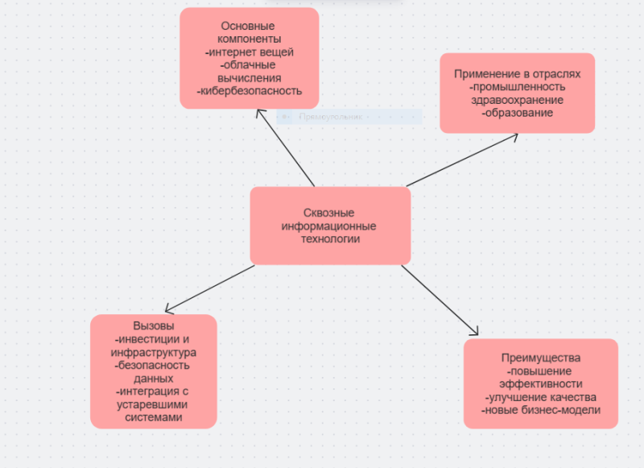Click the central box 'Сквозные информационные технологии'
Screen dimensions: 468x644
click(330, 226)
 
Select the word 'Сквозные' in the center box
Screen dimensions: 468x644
click(328, 213)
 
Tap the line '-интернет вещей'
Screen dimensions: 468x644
click(250, 52)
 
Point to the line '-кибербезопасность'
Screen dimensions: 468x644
click(250, 91)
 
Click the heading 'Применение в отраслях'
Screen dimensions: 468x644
click(517, 74)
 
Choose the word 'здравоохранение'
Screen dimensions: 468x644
click(517, 100)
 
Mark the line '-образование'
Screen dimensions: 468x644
click(517, 113)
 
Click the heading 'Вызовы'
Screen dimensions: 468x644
click(153, 327)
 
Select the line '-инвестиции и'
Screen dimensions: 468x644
click(153, 340)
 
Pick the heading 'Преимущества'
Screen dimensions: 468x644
click(540, 358)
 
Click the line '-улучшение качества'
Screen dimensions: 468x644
click(540, 397)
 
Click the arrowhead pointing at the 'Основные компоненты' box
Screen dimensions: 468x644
click(258, 112)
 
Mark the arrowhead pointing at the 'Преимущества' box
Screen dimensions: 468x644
click(476, 333)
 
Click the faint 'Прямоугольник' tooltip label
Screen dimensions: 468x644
click(331, 117)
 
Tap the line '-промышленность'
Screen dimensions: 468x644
click(517, 87)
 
